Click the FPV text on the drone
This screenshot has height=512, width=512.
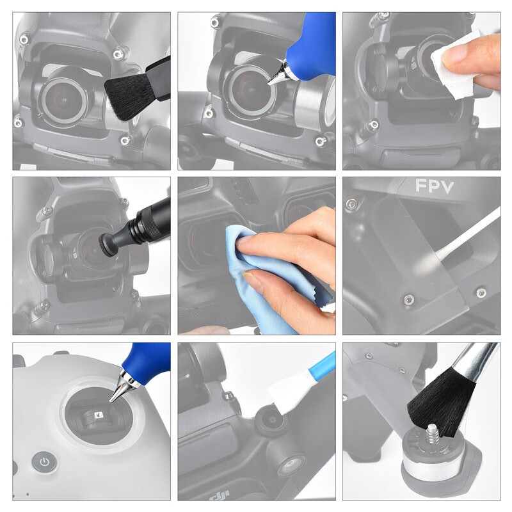(435, 186)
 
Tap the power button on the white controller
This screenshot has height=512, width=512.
(44, 461)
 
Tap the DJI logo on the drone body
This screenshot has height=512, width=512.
(218, 495)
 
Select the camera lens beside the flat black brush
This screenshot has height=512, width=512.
(63, 100)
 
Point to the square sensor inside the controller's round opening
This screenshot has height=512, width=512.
(99, 415)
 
